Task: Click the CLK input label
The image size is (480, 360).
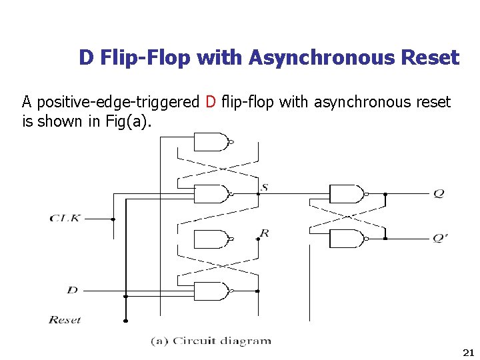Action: coord(65,218)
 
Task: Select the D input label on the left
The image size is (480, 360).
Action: coord(73,289)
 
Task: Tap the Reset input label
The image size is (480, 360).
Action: coord(65,320)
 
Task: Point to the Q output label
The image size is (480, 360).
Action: coord(438,193)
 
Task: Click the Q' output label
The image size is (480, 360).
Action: coord(440,238)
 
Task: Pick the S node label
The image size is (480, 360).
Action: coord(265,187)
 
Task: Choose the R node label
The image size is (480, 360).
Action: coord(265,233)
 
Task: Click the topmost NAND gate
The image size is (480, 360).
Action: coord(211,142)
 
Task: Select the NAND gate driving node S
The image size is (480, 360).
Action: coord(211,193)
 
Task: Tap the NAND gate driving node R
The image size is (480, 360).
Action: coord(211,238)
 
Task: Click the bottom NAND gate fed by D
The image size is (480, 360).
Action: coord(211,291)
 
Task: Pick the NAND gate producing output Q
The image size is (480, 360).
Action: coord(347,193)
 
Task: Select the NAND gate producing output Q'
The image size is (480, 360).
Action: coord(347,238)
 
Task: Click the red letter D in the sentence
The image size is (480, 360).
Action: coord(211,102)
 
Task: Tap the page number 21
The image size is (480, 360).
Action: coord(467,352)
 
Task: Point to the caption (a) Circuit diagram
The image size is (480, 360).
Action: coord(211,341)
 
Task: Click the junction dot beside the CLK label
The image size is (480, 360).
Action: coord(113,219)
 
